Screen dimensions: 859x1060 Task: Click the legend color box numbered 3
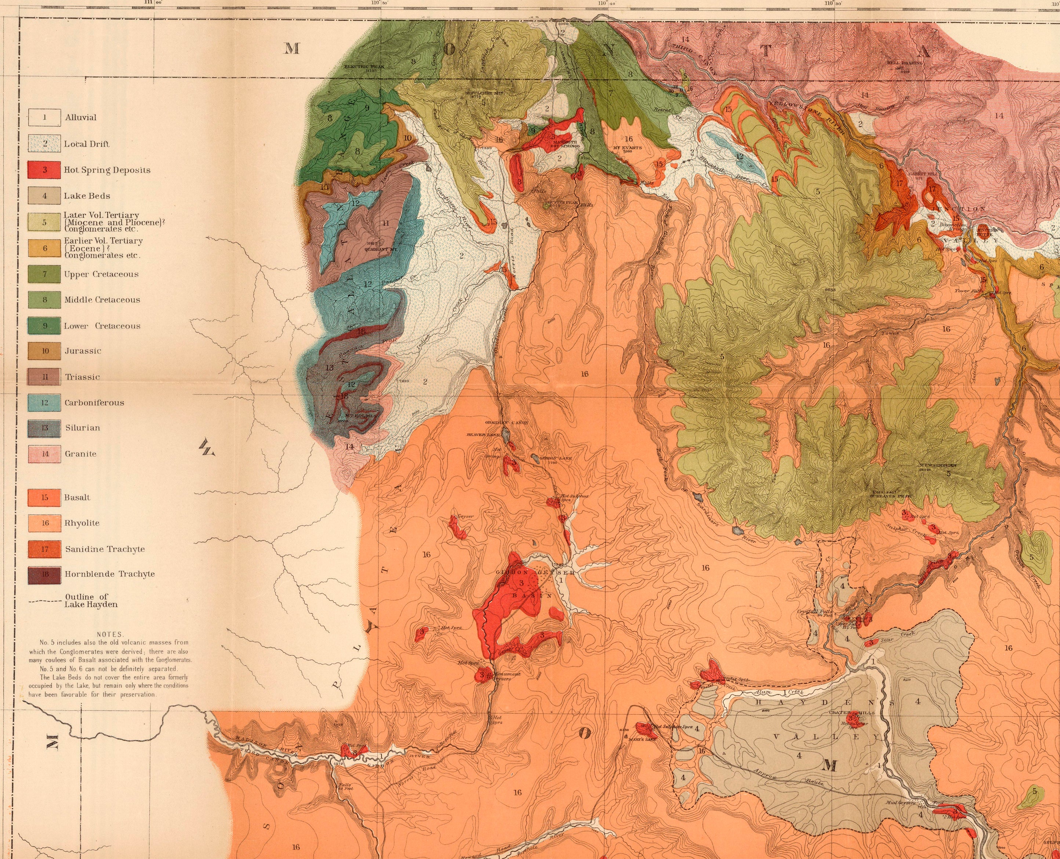click(x=44, y=170)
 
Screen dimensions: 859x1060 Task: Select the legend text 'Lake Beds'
click(x=87, y=196)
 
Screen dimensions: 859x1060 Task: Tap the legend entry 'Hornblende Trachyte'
click(x=109, y=574)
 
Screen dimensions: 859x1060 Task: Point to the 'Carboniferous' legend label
click(x=94, y=403)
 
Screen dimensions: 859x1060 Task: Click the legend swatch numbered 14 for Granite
click(x=44, y=454)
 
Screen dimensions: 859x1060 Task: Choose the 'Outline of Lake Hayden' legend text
click(x=91, y=600)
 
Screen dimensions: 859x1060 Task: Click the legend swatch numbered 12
click(x=44, y=403)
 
